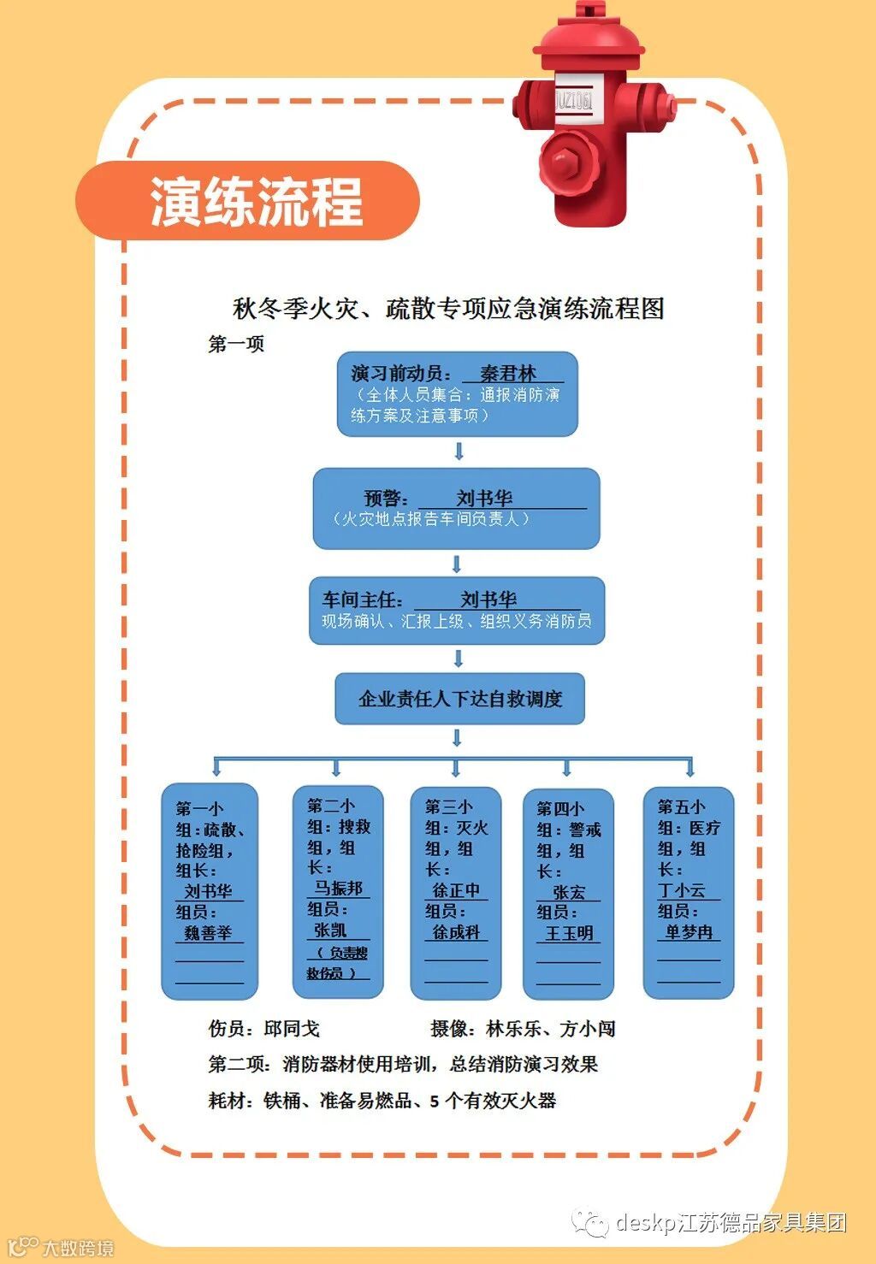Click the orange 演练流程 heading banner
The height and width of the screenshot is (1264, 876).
tap(248, 202)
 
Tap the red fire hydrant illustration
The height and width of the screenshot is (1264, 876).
tap(590, 120)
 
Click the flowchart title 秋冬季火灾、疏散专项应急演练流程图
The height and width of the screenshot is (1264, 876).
tap(449, 308)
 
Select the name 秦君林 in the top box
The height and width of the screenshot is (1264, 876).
tap(508, 374)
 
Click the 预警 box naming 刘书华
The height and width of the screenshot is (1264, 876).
tap(456, 508)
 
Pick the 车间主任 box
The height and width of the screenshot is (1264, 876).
tap(456, 610)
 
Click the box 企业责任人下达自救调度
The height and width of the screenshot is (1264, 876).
tap(459, 699)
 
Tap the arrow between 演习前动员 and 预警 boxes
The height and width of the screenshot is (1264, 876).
tap(459, 451)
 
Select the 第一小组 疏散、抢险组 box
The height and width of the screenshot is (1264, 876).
tap(210, 889)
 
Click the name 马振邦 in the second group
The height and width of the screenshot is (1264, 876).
tap(339, 888)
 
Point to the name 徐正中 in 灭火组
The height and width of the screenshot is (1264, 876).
tap(456, 890)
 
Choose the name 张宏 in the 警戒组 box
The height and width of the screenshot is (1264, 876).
tap(569, 892)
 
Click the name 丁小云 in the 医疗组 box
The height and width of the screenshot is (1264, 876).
tap(682, 890)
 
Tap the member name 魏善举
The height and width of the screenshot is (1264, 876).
tap(208, 933)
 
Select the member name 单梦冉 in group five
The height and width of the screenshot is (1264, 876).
tap(689, 932)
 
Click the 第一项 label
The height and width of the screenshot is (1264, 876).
tap(236, 344)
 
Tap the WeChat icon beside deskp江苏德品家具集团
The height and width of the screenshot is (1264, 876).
tap(590, 1222)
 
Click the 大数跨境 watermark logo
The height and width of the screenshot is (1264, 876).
tap(60, 1247)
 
